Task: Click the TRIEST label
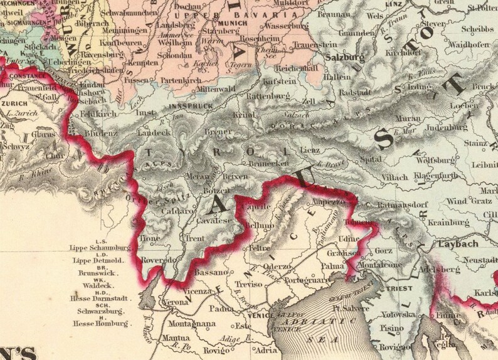pyautogui.click(x=396, y=289)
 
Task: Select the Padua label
pyautogui.click(x=222, y=308)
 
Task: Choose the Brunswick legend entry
pyautogui.click(x=100, y=273)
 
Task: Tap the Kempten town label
pyautogui.click(x=144, y=63)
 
